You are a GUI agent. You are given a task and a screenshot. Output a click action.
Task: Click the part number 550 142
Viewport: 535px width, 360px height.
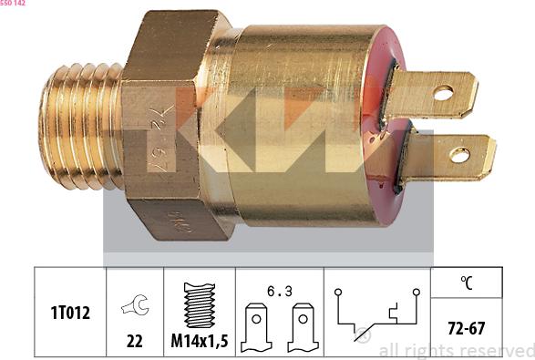pyautogui.click(x=13, y=4)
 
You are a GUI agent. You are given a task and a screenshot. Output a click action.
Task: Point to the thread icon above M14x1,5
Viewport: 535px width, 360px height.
pyautogui.click(x=199, y=304)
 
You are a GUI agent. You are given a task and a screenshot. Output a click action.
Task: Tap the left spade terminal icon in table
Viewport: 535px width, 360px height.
pyautogui.click(x=258, y=331)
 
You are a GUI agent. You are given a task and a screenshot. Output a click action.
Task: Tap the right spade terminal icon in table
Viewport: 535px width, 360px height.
pyautogui.click(x=302, y=331)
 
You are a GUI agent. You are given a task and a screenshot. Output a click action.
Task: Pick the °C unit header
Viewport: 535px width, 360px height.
pyautogui.click(x=467, y=283)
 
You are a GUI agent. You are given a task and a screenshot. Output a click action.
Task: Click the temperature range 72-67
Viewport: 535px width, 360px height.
pyautogui.click(x=467, y=328)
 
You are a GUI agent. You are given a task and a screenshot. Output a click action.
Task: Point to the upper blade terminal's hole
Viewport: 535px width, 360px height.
pyautogui.click(x=443, y=92)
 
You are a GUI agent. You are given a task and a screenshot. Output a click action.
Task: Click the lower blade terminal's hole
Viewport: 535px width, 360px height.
pyautogui.click(x=460, y=154)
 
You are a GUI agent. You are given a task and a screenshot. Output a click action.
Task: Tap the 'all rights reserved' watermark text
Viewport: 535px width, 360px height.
pyautogui.click(x=456, y=350)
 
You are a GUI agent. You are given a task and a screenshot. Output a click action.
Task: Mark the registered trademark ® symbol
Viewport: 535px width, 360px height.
pyautogui.click(x=363, y=335)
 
